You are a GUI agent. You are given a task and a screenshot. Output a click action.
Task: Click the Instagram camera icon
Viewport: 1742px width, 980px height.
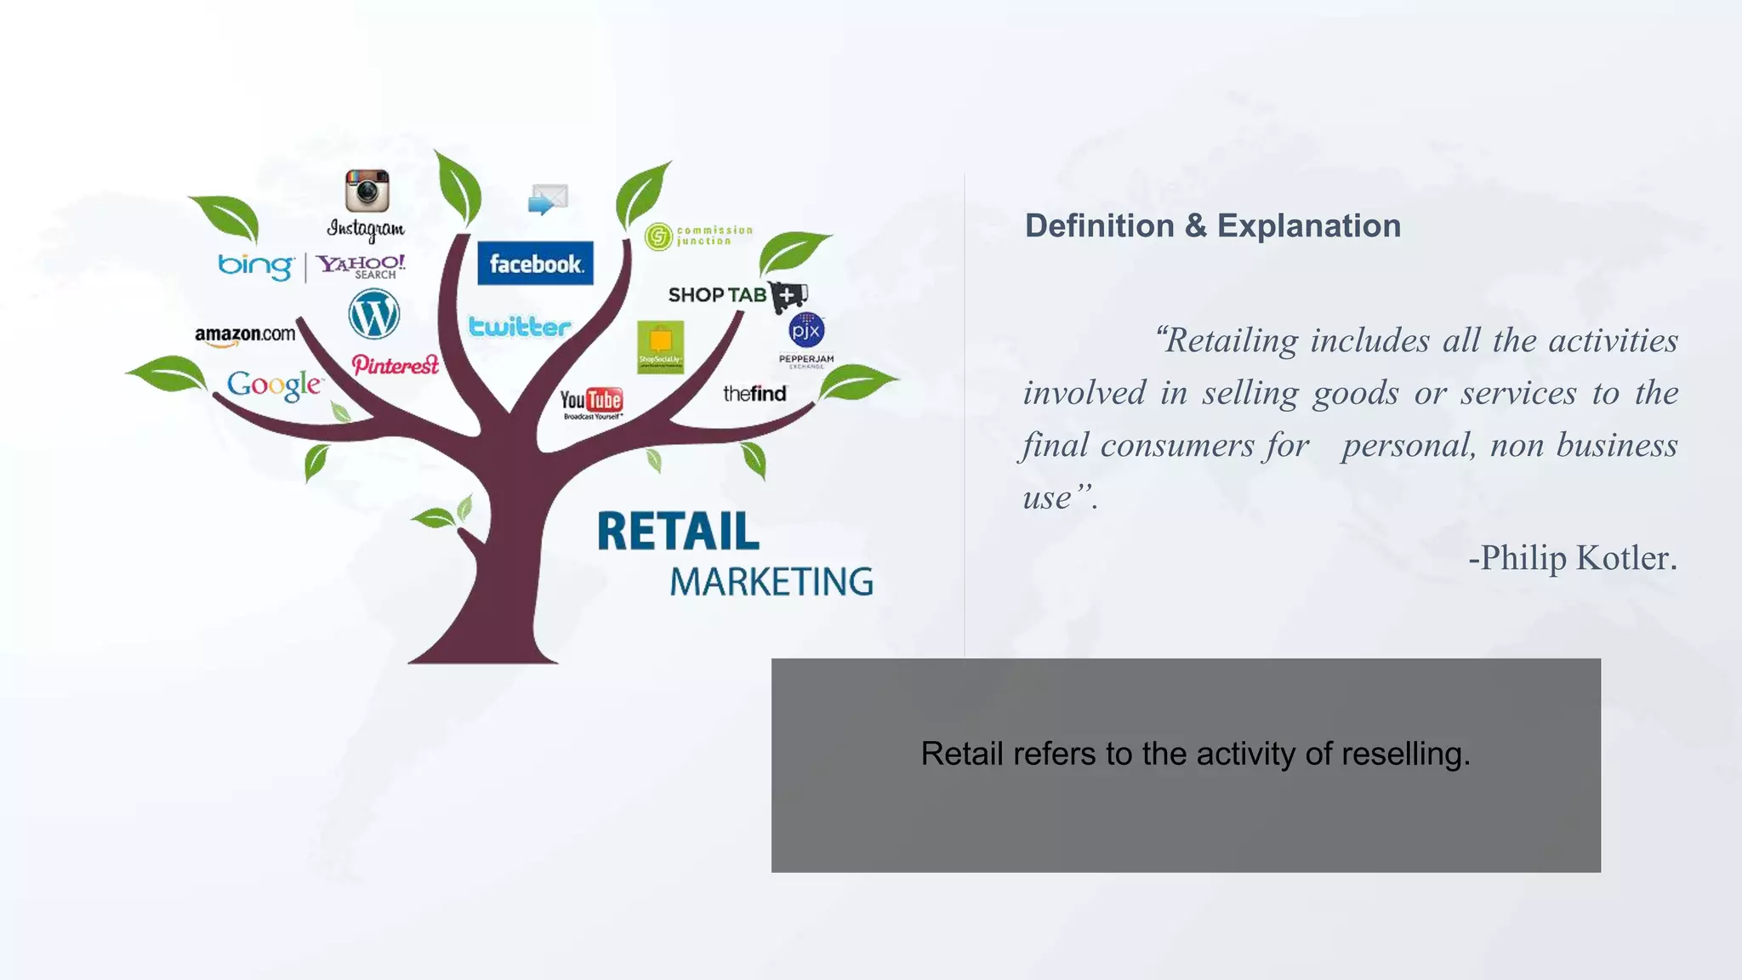[x=367, y=190]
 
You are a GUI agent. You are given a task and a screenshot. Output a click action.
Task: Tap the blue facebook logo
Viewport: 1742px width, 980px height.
[x=535, y=264]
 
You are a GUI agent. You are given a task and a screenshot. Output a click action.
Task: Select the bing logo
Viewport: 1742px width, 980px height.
[x=255, y=265]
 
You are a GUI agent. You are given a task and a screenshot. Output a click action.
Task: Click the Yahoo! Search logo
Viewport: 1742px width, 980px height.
[x=361, y=265]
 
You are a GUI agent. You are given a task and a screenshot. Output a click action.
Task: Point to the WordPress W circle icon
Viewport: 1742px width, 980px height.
[x=373, y=314]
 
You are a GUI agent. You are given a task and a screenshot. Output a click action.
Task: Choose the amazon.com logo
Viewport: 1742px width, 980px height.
[x=245, y=334]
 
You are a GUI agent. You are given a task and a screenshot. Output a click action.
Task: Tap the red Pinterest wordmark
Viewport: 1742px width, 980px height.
[x=395, y=365]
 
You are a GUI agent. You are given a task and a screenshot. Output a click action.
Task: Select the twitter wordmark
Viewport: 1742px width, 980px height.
[x=519, y=327]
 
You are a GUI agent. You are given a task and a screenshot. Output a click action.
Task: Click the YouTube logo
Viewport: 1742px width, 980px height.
[x=591, y=401]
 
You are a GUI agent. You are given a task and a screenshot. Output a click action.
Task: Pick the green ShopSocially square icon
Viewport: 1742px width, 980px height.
[x=661, y=346]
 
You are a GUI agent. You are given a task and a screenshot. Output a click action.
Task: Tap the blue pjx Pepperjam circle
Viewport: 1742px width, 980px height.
[x=806, y=329]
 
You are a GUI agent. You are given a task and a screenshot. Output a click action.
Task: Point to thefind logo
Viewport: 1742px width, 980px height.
[x=754, y=393]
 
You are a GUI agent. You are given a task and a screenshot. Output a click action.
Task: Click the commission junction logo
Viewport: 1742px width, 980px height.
[x=698, y=236]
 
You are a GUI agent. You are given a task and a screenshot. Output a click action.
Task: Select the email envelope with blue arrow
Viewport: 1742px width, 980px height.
[x=548, y=200]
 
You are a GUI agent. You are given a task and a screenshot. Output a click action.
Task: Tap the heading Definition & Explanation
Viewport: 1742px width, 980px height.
[x=1212, y=225]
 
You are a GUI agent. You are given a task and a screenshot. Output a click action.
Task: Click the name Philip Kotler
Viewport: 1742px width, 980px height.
[x=1578, y=558]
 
